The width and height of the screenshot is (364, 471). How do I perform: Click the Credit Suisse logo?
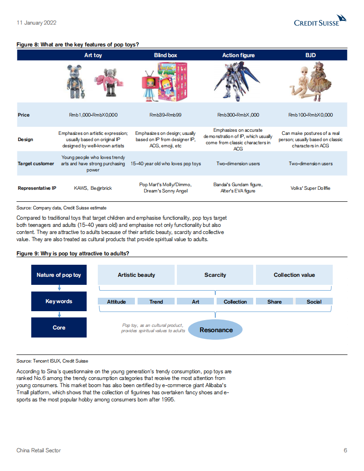tap(320, 21)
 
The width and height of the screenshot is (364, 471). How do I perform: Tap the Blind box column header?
tap(166, 55)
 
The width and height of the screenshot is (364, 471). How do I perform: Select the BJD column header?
tap(310, 55)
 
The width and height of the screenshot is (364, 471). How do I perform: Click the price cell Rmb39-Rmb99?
tap(166, 115)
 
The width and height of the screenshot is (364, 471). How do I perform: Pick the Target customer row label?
tap(36, 164)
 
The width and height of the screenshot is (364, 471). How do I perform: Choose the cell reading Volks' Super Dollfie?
tap(310, 188)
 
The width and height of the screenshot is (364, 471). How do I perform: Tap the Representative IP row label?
tap(37, 188)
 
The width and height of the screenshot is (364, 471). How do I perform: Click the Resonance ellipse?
tap(216, 330)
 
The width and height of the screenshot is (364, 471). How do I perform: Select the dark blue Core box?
tap(59, 328)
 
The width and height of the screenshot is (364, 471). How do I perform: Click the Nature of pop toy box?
tap(59, 275)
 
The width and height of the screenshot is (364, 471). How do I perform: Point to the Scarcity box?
tap(215, 275)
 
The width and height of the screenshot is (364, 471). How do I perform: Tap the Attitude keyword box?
tap(117, 302)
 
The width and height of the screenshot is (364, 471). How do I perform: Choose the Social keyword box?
tap(314, 302)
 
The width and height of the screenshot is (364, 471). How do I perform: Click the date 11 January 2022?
tap(36, 22)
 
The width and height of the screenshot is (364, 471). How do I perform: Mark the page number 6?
tap(345, 450)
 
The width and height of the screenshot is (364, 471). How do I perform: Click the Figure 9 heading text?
tap(73, 254)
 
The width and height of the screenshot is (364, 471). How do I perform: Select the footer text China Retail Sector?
tap(38, 450)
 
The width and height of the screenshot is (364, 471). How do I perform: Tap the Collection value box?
tap(294, 275)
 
